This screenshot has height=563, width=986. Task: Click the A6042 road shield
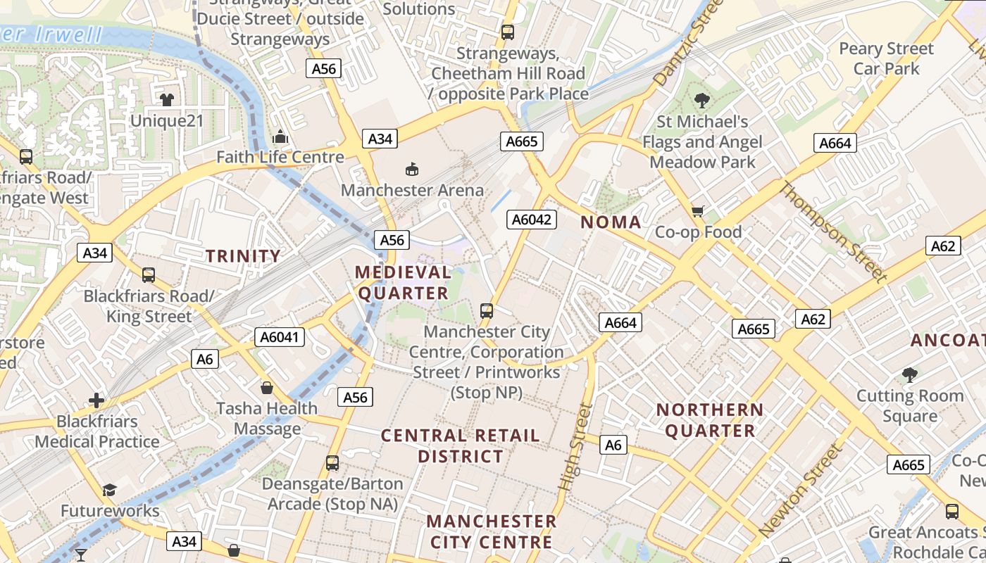point(532,220)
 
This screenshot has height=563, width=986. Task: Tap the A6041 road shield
point(281,337)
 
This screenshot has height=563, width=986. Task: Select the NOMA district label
point(611,222)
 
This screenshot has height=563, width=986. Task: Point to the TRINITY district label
point(243,255)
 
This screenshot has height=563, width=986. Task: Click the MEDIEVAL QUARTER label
point(402,282)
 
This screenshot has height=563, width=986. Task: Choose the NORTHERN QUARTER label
point(710,420)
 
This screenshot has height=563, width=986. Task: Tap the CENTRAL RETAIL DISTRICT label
point(461,445)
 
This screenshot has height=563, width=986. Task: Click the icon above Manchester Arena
point(412,169)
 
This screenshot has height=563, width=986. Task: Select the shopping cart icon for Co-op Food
point(698,211)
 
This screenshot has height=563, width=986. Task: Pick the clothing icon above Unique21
point(167,100)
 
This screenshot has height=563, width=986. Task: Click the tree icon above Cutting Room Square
point(909,374)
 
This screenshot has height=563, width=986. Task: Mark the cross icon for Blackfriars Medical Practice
point(96,400)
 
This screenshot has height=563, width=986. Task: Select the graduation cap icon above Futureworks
point(109,489)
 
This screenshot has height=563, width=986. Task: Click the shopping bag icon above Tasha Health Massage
point(267,387)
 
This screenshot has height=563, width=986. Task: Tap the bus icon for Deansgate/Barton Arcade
point(332,463)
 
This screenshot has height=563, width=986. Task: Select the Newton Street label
point(801,491)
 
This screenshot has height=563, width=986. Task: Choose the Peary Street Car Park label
point(886,58)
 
